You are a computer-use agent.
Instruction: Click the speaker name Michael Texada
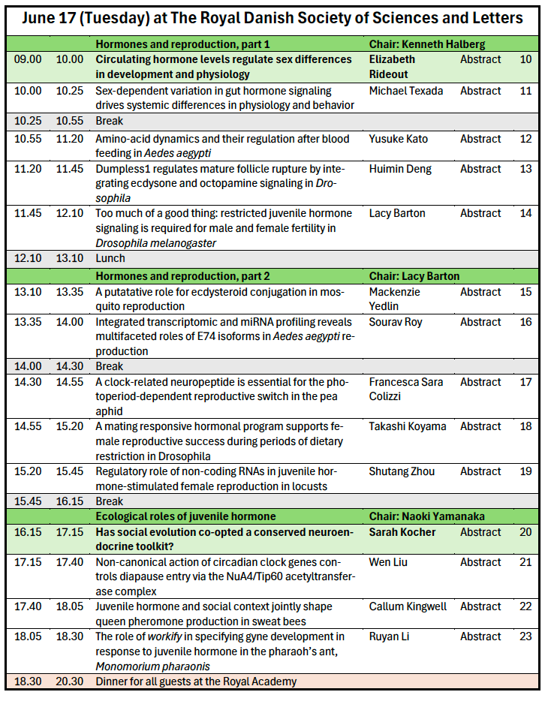(405, 91)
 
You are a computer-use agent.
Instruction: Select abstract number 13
(525, 169)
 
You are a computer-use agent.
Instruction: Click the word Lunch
(110, 258)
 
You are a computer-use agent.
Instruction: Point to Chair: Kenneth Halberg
(426, 44)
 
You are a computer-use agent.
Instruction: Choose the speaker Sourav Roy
(395, 322)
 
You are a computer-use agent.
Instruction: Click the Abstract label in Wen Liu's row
(480, 562)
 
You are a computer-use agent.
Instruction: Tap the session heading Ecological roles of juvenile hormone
(185, 516)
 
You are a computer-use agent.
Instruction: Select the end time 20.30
(68, 681)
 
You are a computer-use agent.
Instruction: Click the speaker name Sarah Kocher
(402, 532)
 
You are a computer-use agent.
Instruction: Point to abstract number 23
(525, 636)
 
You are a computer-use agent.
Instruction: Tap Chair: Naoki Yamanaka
(426, 516)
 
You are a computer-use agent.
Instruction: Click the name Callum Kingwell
(408, 606)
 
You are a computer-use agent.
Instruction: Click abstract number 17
(525, 382)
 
